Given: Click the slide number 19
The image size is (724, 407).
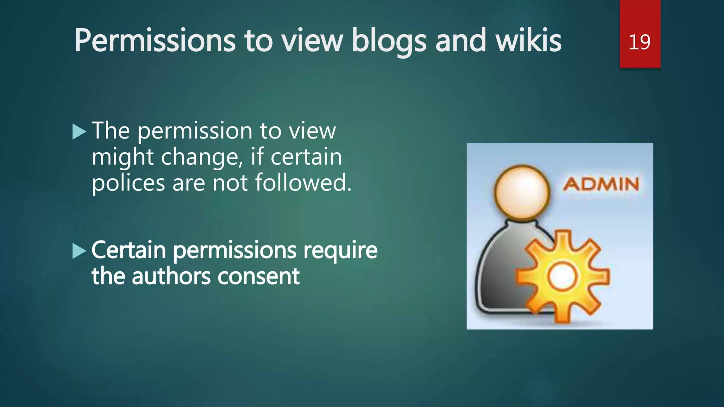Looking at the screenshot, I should (640, 42).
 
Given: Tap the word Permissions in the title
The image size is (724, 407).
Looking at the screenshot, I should (155, 41).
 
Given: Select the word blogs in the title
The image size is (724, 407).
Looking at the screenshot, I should (389, 42).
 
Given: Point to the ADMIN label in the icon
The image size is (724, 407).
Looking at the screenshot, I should (601, 184).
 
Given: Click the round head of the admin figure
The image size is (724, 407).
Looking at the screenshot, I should (522, 192).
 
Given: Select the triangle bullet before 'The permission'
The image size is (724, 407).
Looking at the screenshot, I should (79, 132).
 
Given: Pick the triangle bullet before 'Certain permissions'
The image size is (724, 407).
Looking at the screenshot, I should (79, 251).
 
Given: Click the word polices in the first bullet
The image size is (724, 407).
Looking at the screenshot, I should (128, 183).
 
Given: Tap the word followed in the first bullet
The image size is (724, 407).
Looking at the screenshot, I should (303, 183).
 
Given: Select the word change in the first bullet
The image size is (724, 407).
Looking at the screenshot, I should (202, 157).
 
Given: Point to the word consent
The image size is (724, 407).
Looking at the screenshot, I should (258, 277).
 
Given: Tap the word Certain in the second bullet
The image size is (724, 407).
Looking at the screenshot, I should (129, 250).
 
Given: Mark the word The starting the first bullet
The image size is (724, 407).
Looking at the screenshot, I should (111, 131).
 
